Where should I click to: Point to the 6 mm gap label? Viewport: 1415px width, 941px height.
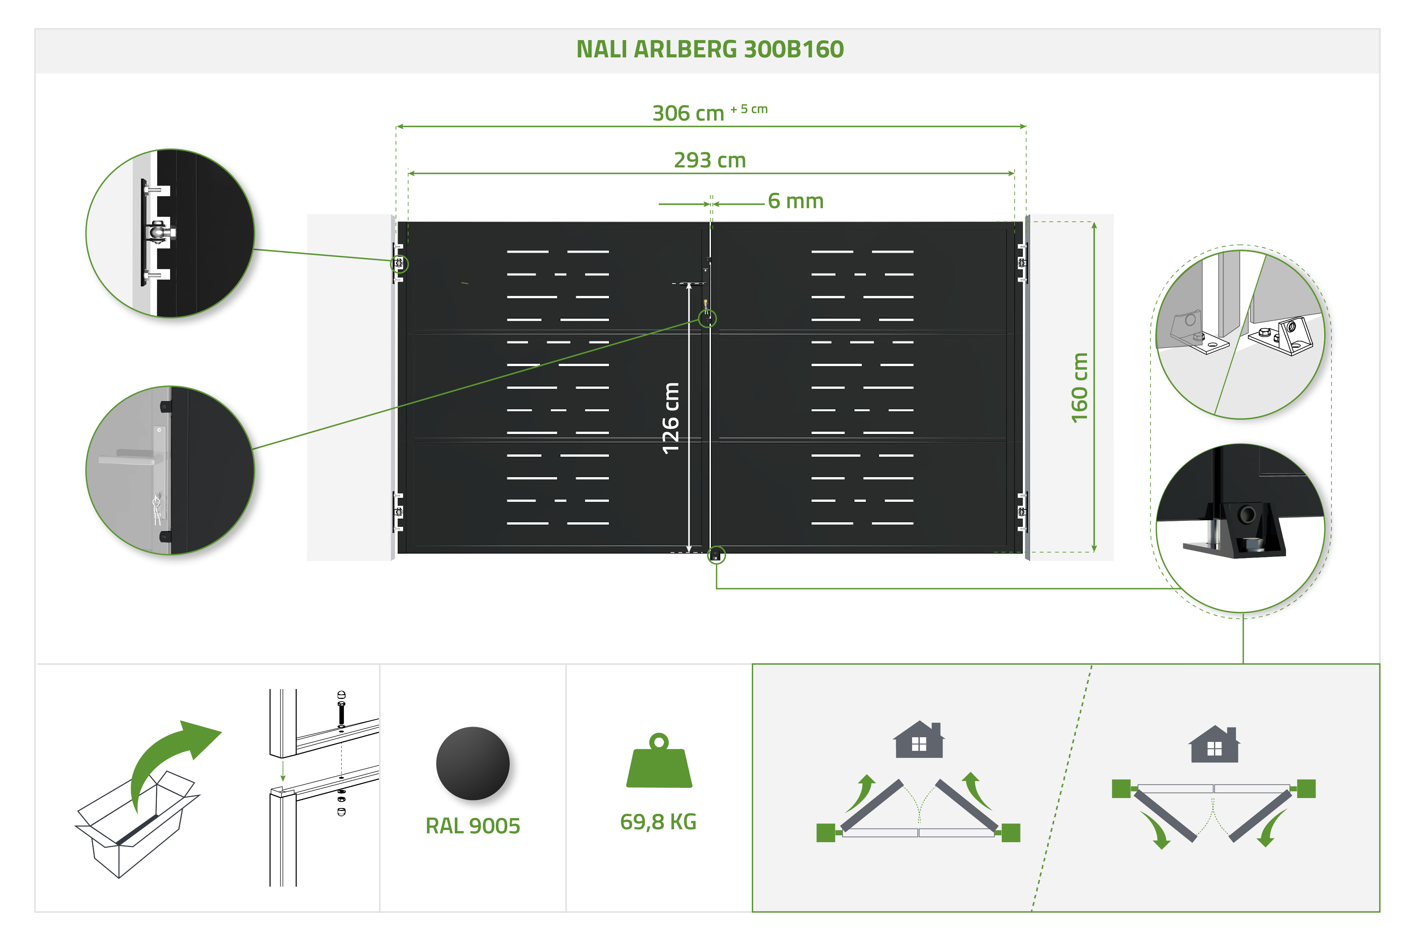795,201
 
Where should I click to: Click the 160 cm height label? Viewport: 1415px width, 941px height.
1079,388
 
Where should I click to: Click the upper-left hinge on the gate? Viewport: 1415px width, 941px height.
398,263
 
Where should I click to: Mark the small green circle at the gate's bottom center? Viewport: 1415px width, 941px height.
716,555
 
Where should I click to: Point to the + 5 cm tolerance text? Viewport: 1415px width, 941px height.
748,109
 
